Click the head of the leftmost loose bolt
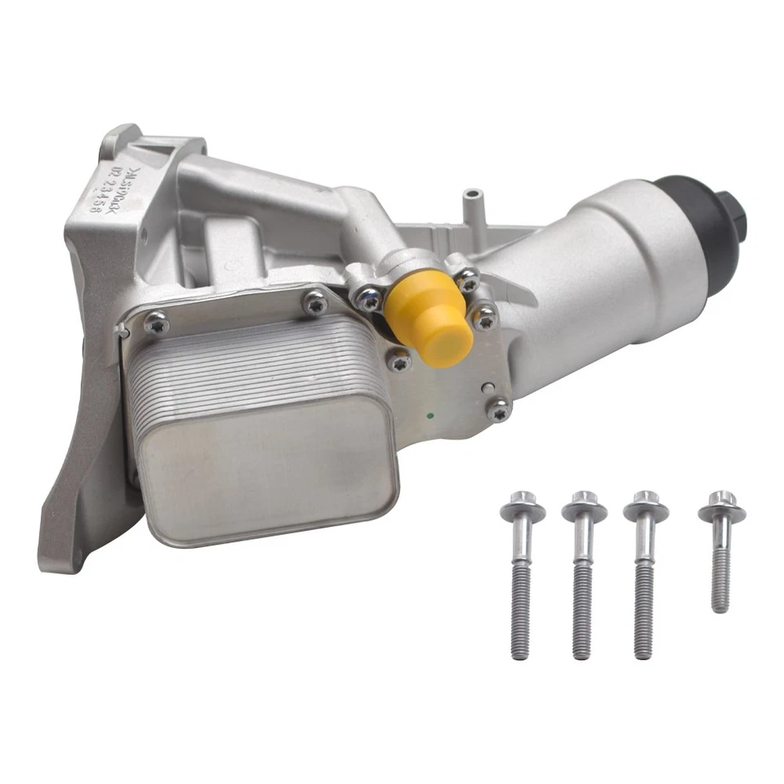(x=523, y=510)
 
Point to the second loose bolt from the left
(x=583, y=572)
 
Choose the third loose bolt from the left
(x=645, y=572)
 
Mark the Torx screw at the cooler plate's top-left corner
(x=156, y=325)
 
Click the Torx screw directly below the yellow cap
(x=399, y=357)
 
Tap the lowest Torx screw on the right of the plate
(x=497, y=409)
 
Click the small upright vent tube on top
(x=471, y=204)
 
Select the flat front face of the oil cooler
(x=265, y=474)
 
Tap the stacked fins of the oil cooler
(x=245, y=367)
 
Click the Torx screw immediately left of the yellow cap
(x=370, y=299)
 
